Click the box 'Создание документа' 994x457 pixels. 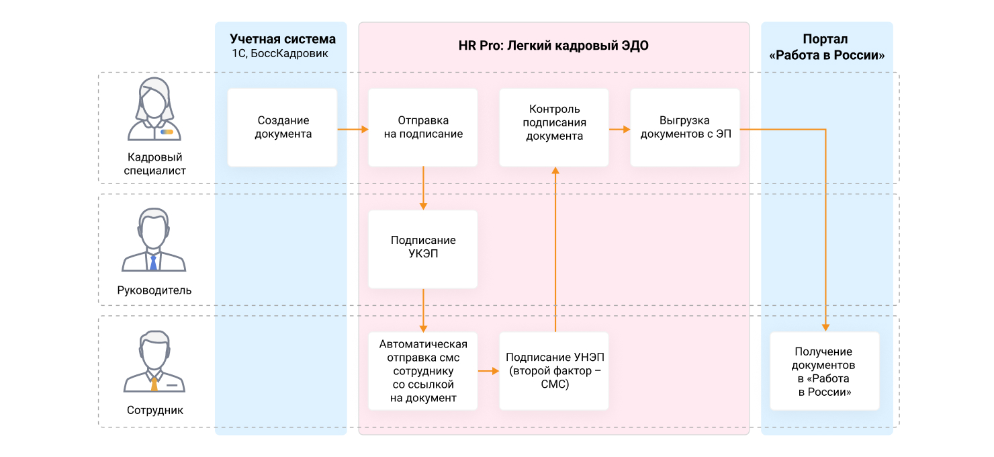(282, 128)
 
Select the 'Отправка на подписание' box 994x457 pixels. (423, 128)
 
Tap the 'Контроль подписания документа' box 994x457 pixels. (554, 128)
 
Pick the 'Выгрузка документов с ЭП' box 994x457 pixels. (685, 128)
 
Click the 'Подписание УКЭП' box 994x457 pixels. (423, 249)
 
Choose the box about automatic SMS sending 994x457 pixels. (423, 371)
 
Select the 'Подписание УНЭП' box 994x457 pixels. (554, 371)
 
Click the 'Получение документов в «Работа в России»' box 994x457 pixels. (825, 371)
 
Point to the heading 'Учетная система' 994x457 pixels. (283, 39)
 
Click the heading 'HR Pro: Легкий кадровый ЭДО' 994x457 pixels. (553, 45)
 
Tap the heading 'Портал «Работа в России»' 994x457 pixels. (826, 47)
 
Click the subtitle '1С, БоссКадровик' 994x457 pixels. (280, 54)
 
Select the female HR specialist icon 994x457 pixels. (154, 110)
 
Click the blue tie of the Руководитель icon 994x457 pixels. (153, 263)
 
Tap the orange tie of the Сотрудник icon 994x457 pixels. (154, 384)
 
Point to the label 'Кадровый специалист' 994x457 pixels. (154, 164)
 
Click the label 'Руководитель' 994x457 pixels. (154, 290)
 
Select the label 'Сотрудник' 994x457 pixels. (154, 411)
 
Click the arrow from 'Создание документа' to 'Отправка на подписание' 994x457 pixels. (353, 129)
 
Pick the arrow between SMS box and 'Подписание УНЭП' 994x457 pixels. (488, 371)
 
